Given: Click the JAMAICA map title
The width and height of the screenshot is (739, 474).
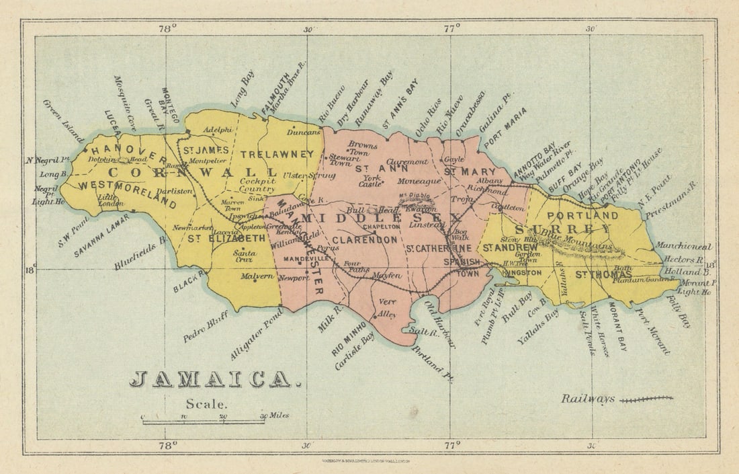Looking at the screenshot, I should point(211,379).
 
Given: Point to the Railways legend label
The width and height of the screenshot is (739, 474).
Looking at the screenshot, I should point(588,399).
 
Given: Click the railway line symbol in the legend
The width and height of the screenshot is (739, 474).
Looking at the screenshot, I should point(646,399).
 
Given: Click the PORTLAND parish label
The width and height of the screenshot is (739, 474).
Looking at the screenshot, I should point(582,215).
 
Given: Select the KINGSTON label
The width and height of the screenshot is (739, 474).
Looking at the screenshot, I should point(521,273).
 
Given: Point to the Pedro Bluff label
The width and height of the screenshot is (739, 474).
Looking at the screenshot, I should point(206,327).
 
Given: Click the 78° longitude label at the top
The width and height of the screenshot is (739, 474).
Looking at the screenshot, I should point(167,28).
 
